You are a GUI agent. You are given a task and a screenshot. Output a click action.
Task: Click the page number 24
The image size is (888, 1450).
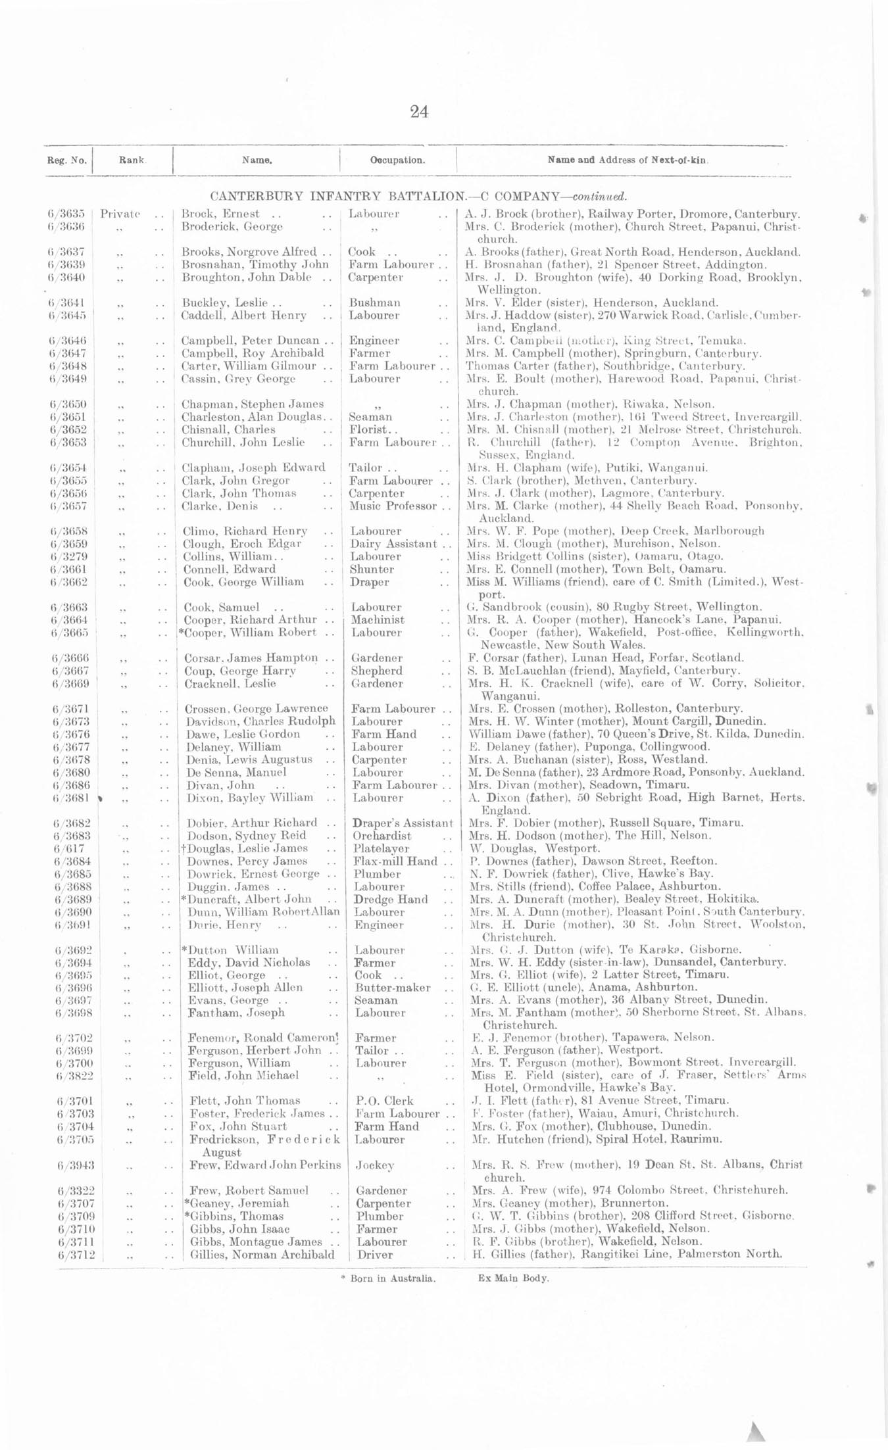point(419,112)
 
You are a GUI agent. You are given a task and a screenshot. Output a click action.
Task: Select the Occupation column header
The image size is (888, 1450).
point(397,160)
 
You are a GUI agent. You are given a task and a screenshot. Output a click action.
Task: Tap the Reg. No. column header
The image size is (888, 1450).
point(66,160)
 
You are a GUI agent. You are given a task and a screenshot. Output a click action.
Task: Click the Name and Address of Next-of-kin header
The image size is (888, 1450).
point(628,160)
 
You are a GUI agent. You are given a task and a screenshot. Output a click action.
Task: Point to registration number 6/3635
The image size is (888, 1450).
point(66,214)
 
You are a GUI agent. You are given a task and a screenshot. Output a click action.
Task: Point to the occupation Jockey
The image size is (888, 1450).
point(375,1165)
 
